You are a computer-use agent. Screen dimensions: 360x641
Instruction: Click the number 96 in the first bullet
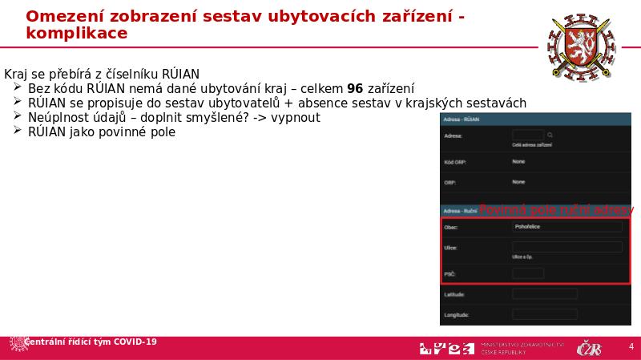point(355,88)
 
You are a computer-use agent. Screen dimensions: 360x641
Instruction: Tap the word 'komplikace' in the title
point(76,33)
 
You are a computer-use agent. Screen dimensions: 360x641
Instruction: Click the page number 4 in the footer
point(631,347)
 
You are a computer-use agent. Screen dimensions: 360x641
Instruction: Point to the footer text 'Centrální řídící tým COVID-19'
point(91,342)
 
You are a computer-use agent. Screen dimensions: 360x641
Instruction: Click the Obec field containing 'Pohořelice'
point(566,227)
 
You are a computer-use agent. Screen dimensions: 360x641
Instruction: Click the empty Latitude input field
point(544,294)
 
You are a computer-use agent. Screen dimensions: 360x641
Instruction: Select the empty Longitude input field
point(544,314)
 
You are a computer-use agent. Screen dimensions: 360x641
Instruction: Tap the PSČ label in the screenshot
point(450,274)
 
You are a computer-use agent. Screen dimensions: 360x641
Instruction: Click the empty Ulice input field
point(566,247)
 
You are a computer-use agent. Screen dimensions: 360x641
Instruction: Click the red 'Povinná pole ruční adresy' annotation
point(555,209)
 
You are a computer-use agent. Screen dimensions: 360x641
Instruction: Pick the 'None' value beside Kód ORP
point(518,161)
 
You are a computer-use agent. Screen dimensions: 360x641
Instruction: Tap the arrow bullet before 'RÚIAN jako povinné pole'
point(18,131)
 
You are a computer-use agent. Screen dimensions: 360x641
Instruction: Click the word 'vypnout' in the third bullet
point(296,117)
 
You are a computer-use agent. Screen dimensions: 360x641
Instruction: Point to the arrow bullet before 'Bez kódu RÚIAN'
point(18,88)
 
